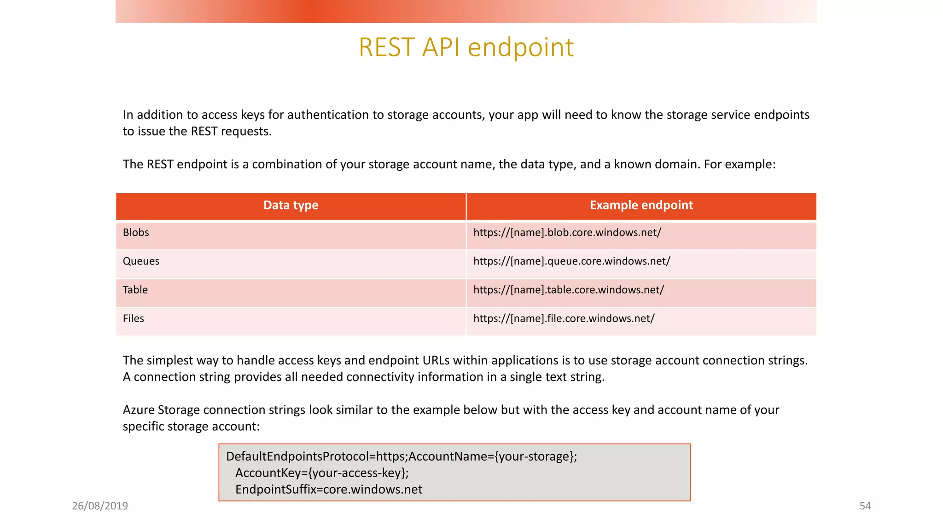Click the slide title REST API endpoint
point(466,47)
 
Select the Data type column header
point(291,205)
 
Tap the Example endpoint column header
point(641,205)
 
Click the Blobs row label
point(136,233)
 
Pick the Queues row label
point(141,261)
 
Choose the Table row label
point(135,290)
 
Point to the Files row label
point(134,318)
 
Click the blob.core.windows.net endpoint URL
point(567,233)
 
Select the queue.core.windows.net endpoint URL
point(572,261)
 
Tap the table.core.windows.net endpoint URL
point(569,290)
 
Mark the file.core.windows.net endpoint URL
point(564,318)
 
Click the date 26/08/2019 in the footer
point(100,506)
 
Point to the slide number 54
point(865,506)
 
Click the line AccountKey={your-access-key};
point(322,473)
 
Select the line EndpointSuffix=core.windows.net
point(329,490)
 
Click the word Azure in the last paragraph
point(139,410)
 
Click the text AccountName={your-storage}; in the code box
point(493,456)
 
